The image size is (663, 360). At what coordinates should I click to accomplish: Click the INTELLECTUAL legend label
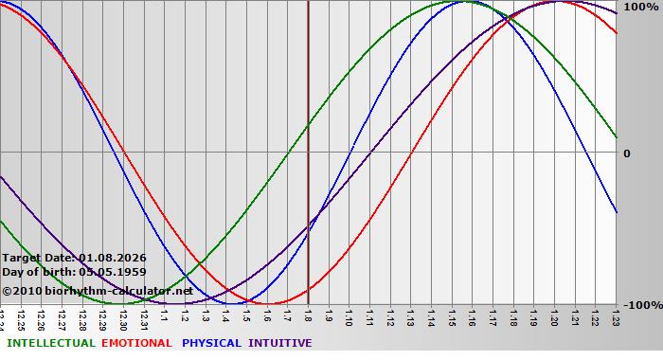click(50, 343)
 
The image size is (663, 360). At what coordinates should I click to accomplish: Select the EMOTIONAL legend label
click(136, 343)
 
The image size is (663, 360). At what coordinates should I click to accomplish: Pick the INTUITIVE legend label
click(279, 343)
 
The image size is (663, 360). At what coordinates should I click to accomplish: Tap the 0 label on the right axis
click(626, 153)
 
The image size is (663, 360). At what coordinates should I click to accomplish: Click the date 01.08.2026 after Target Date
click(113, 257)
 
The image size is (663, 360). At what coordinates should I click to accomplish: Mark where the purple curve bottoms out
click(185, 303)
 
